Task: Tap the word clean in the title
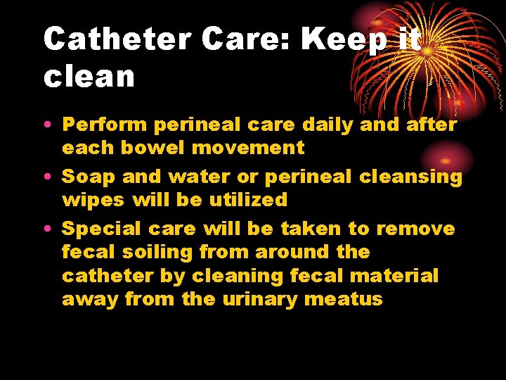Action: (89, 76)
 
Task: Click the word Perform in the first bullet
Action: (105, 125)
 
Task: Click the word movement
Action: (240, 148)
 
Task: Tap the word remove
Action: (415, 229)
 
